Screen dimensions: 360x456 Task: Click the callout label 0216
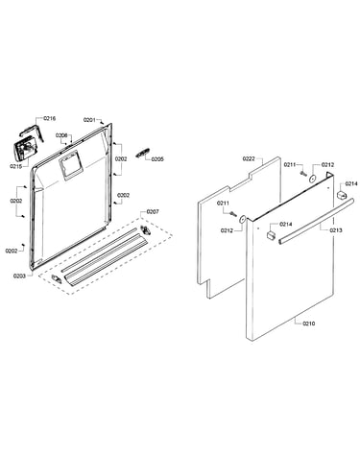pos(50,118)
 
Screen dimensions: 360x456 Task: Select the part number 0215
pos(15,166)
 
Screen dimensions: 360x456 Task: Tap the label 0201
pos(89,120)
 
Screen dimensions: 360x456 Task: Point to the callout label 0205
pos(157,159)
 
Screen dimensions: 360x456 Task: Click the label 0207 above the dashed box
pos(153,211)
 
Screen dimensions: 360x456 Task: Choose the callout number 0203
pos(19,276)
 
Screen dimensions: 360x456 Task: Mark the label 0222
pos(249,158)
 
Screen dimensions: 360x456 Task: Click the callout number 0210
pos(309,324)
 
